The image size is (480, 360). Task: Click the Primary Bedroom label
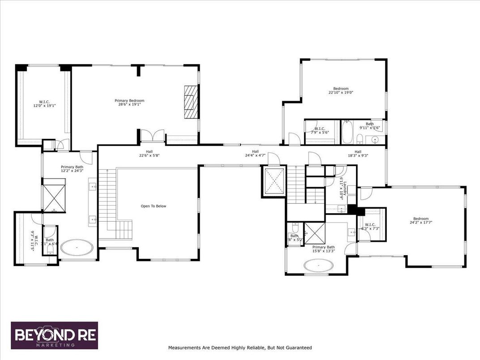[x=129, y=103]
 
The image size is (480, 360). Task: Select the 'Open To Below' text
[x=153, y=206]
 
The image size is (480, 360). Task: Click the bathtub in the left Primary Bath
[x=77, y=247]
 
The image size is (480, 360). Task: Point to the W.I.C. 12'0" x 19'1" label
[x=44, y=104]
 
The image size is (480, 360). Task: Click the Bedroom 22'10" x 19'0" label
[x=341, y=91]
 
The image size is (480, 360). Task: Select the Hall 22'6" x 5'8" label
[x=149, y=154]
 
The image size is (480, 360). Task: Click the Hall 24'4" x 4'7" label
[x=255, y=154]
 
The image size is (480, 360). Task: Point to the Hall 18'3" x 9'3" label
[x=358, y=154]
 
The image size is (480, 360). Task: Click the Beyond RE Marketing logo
[x=54, y=335]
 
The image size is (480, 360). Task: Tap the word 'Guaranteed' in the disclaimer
[x=297, y=347]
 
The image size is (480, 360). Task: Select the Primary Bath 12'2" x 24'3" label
[x=72, y=168]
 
